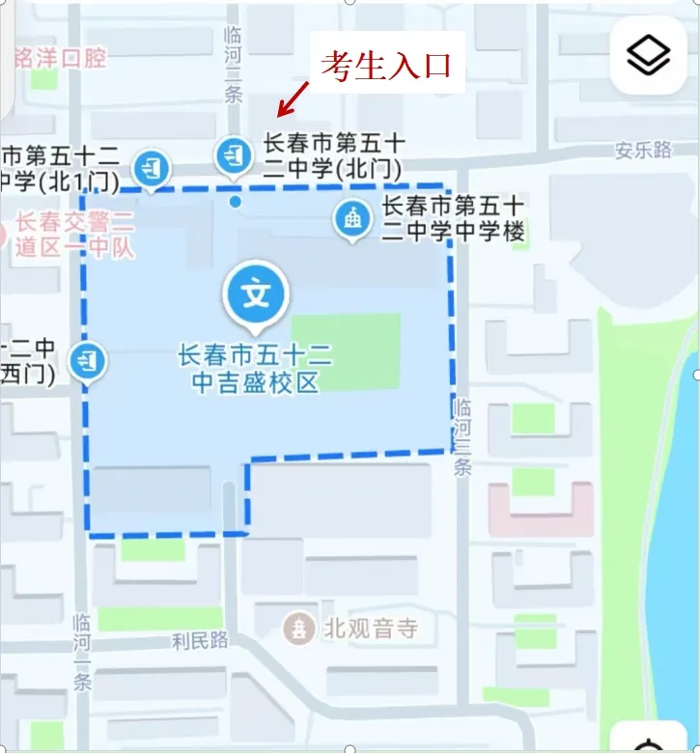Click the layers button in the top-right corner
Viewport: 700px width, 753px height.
pos(648,56)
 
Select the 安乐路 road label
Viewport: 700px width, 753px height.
pos(644,150)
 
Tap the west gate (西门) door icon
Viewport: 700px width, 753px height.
pos(89,361)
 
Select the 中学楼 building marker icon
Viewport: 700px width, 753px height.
pos(352,219)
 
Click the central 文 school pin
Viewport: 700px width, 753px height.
pos(256,293)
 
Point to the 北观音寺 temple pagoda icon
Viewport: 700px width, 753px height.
pos(300,629)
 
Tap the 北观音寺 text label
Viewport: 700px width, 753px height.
pos(371,629)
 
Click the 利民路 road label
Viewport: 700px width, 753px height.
pos(200,639)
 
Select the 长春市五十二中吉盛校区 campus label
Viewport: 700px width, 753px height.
pos(255,369)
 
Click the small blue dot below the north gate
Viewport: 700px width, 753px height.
pos(235,202)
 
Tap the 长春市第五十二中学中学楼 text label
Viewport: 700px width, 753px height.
pos(454,218)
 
